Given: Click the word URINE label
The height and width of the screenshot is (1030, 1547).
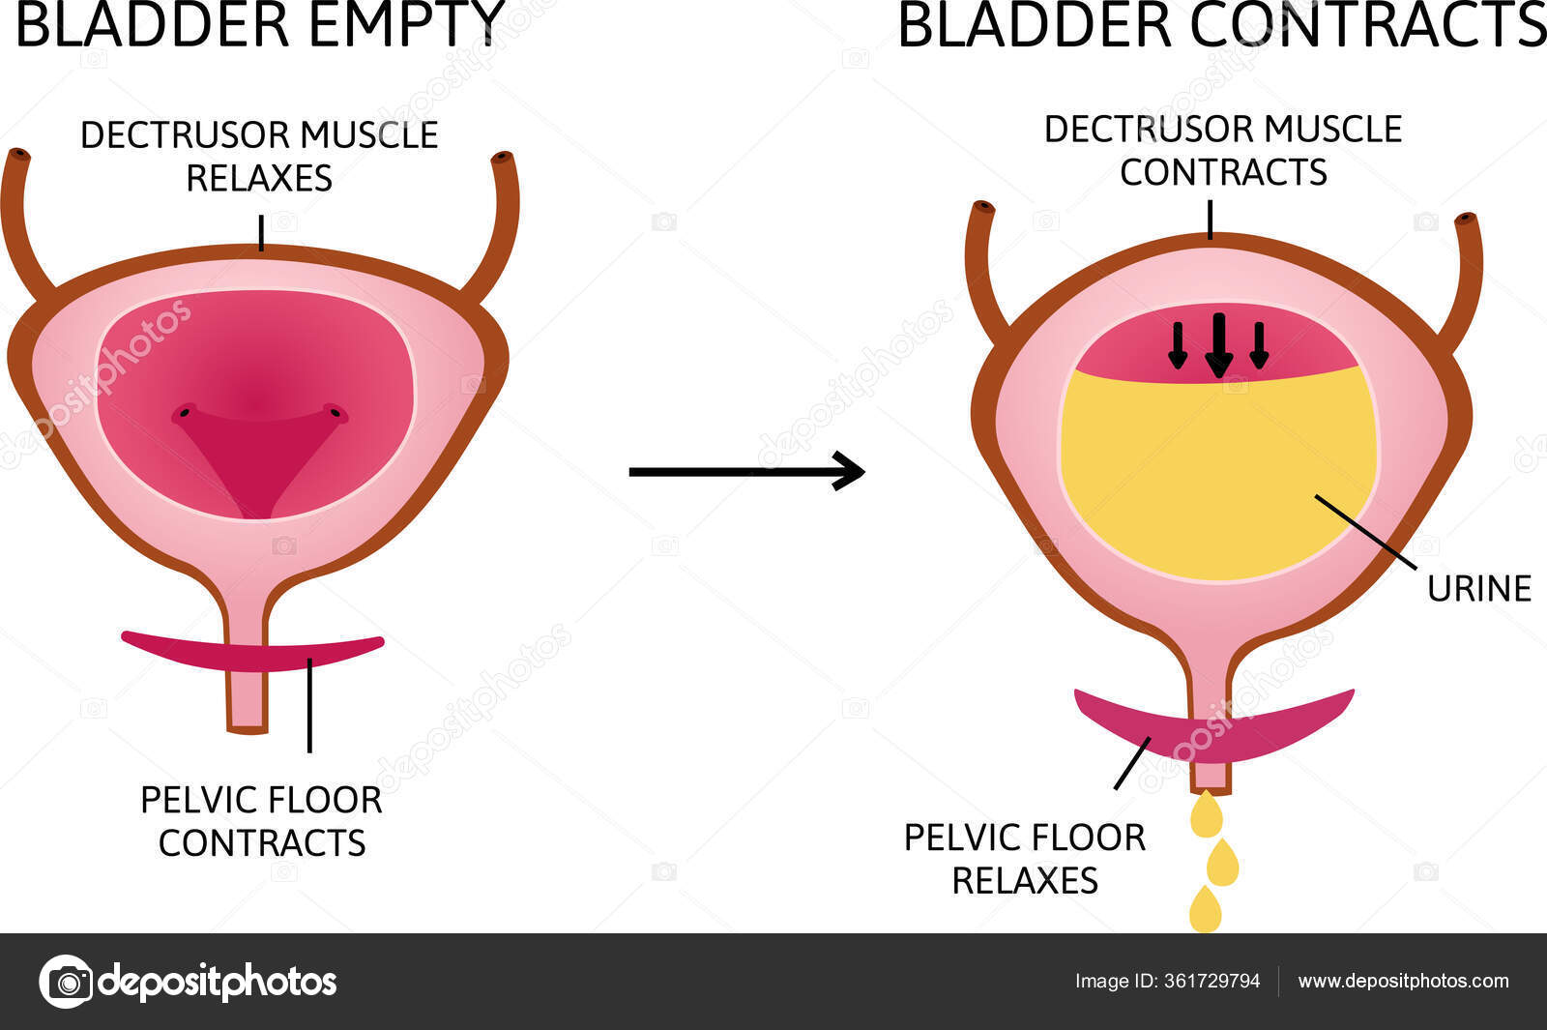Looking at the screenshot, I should click(x=1478, y=589).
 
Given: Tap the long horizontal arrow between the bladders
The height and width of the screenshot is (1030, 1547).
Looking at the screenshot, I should click(x=745, y=472).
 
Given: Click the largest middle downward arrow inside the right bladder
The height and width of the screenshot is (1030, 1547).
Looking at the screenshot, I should click(x=1218, y=345).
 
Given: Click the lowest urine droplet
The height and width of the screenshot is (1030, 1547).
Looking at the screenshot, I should click(x=1205, y=910).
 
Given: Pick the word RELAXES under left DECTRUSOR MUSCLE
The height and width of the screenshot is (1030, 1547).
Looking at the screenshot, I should click(x=259, y=179).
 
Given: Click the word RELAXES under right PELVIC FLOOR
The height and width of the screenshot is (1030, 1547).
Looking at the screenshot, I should click(x=1024, y=881).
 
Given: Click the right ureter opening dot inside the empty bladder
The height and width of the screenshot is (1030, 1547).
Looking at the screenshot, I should click(x=335, y=413).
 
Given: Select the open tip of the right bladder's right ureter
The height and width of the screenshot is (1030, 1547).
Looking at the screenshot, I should click(x=1467, y=220).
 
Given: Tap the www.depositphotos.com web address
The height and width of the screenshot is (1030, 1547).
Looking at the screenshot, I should click(x=1403, y=981).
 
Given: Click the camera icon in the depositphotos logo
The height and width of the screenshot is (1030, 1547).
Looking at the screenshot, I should click(x=67, y=982).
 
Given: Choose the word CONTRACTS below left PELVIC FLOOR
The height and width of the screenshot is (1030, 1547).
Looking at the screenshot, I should click(x=261, y=843).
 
